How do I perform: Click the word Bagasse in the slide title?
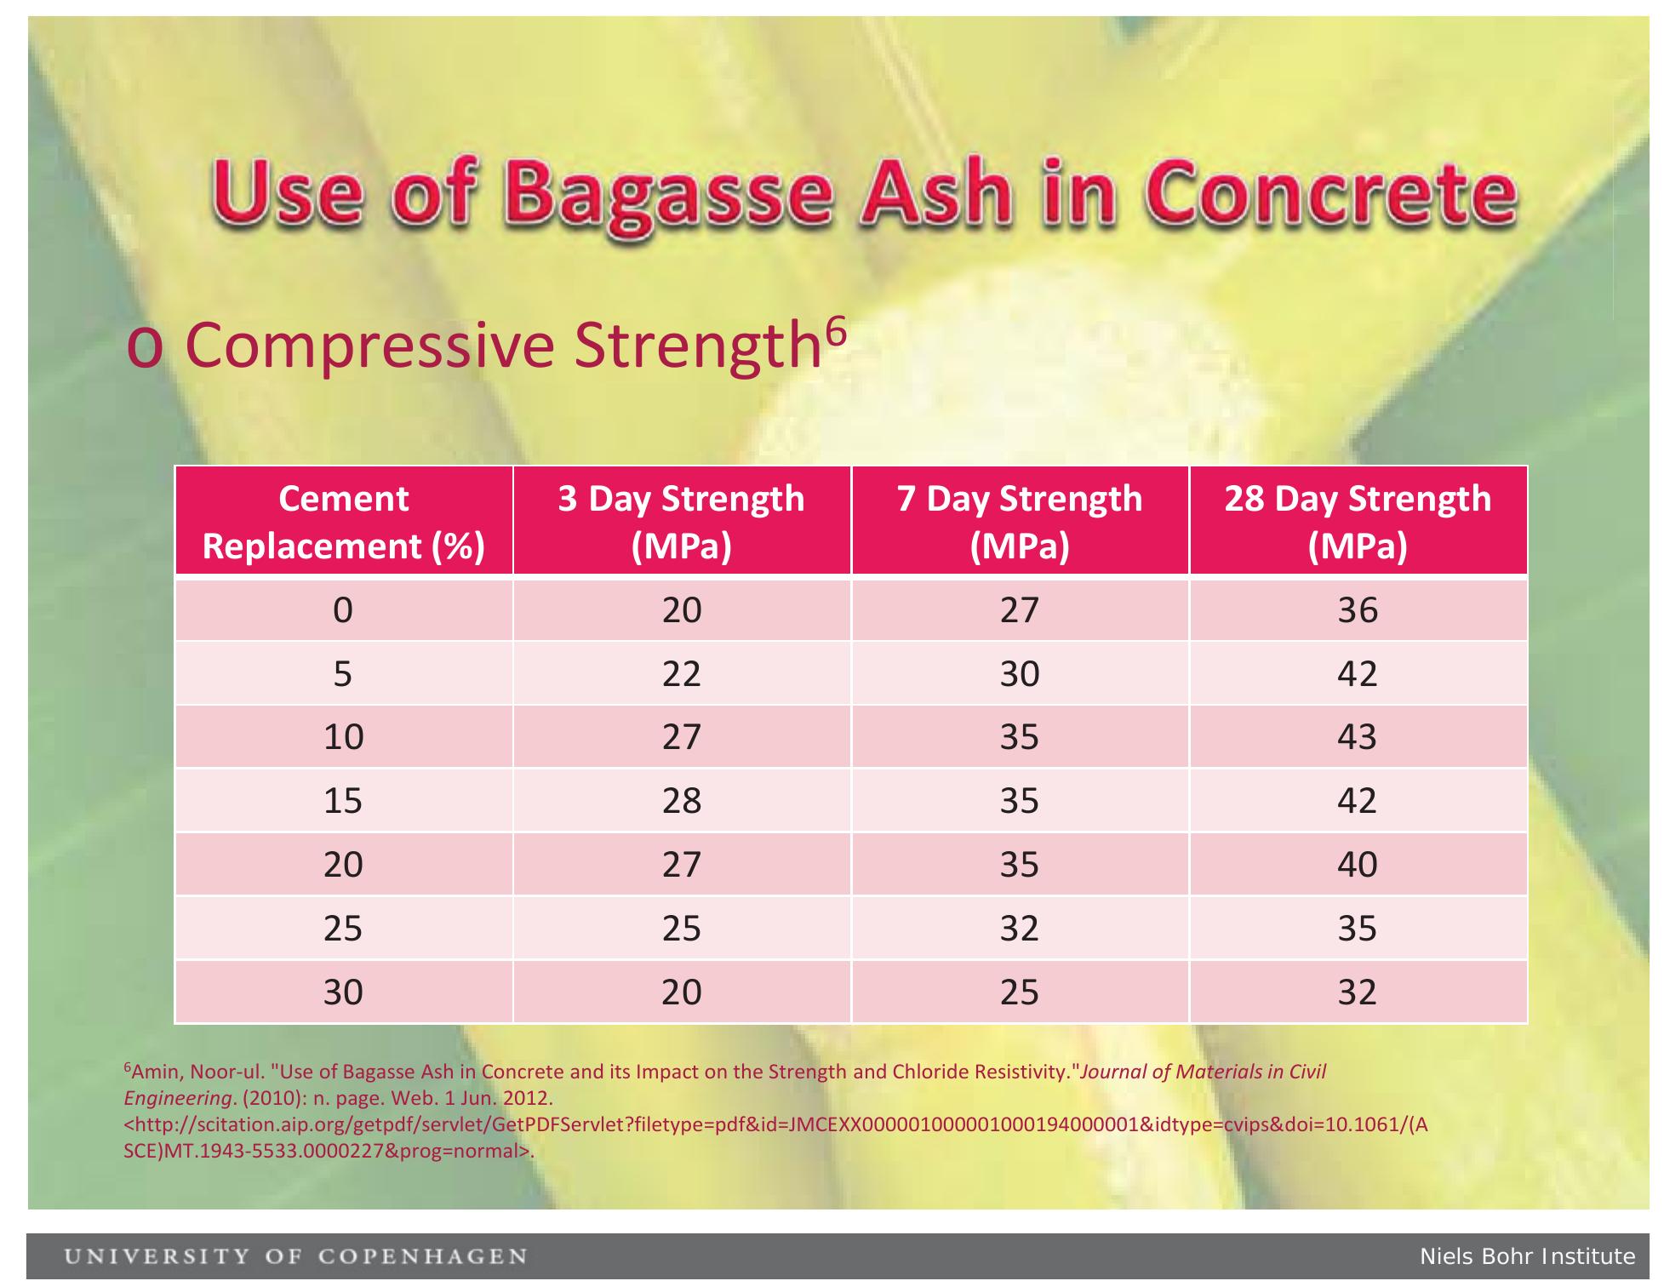pyautogui.click(x=672, y=194)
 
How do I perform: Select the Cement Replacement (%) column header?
pyautogui.click(x=343, y=522)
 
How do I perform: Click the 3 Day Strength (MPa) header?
pyautogui.click(x=682, y=522)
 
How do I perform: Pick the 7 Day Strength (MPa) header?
pyautogui.click(x=1020, y=522)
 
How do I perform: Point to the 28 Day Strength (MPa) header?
pyautogui.click(x=1358, y=522)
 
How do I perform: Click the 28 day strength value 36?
pyautogui.click(x=1358, y=610)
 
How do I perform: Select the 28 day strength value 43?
pyautogui.click(x=1358, y=736)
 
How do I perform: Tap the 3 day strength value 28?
pyautogui.click(x=682, y=801)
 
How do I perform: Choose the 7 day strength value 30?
pyautogui.click(x=1020, y=674)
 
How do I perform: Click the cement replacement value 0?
pyautogui.click(x=343, y=610)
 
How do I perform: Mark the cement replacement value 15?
pyautogui.click(x=343, y=801)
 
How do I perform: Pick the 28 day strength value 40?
pyautogui.click(x=1358, y=865)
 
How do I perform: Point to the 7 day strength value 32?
pyautogui.click(x=1020, y=928)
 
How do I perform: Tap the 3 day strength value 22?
pyautogui.click(x=682, y=674)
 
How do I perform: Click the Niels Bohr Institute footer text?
pyautogui.click(x=1527, y=1256)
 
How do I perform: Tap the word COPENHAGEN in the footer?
pyautogui.click(x=423, y=1256)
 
